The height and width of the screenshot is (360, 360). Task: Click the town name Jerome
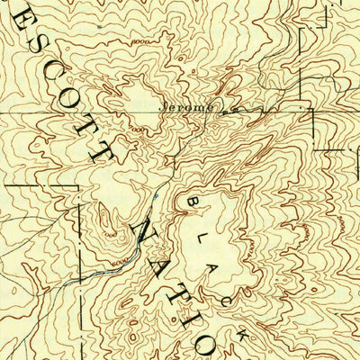coord(189,106)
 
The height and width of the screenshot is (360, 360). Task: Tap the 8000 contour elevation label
coord(139,42)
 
